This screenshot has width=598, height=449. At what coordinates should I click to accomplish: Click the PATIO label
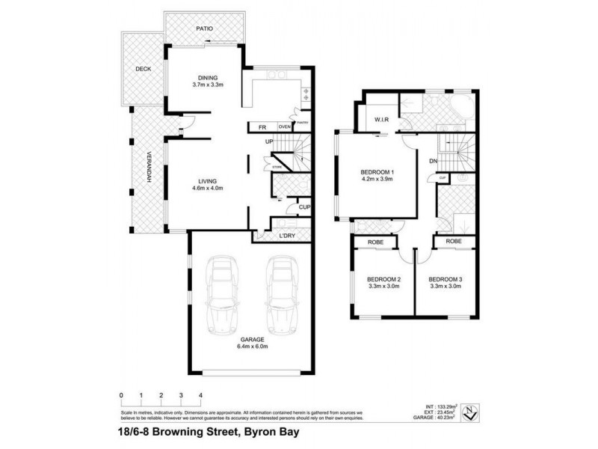click(x=205, y=28)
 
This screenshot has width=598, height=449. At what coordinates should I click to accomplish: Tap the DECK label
click(x=143, y=69)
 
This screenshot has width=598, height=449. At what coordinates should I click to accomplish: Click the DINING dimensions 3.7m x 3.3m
click(x=207, y=85)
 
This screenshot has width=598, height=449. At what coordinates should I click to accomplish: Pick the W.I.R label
click(x=374, y=119)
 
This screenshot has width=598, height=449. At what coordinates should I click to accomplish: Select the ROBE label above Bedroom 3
click(x=454, y=242)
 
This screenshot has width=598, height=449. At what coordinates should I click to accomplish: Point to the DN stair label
click(x=433, y=162)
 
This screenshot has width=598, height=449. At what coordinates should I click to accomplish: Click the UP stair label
click(x=266, y=142)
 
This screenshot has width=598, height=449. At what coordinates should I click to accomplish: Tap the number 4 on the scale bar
click(x=200, y=394)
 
